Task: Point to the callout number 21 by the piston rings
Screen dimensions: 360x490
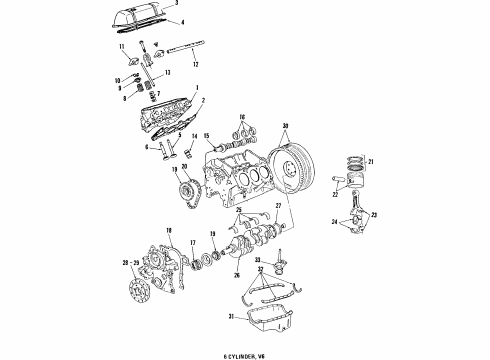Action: (x=369, y=162)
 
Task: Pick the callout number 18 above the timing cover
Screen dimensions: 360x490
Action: (x=169, y=230)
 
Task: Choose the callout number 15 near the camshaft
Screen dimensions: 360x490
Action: (x=207, y=136)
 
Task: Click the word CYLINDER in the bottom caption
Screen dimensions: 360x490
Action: (x=244, y=353)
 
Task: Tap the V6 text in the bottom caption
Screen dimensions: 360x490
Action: (x=273, y=353)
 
